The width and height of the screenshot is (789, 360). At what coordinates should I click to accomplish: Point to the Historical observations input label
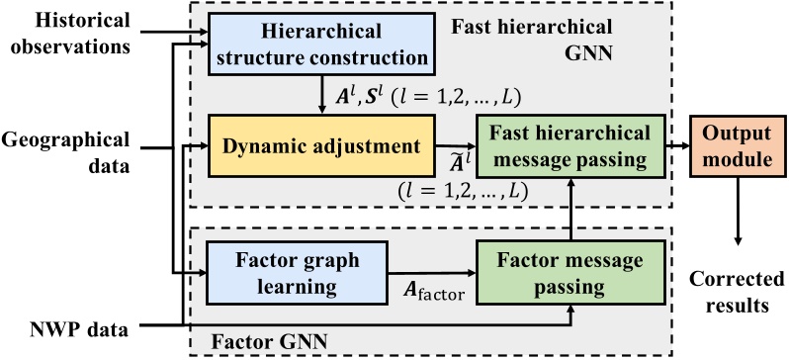coord(72,33)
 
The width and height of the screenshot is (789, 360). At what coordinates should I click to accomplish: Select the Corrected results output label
coord(733,294)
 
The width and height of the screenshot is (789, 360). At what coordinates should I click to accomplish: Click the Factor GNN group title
coord(258,339)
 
